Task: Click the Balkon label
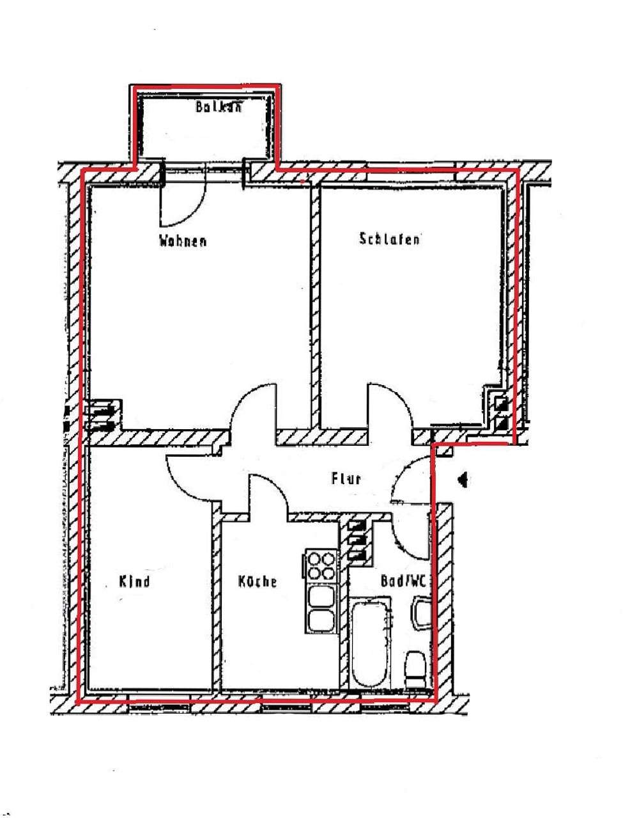[219, 107]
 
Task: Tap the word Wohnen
[183, 242]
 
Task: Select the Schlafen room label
[390, 240]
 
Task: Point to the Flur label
[346, 478]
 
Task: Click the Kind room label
[134, 581]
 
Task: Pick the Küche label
[258, 581]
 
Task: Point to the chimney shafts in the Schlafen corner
[500, 413]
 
